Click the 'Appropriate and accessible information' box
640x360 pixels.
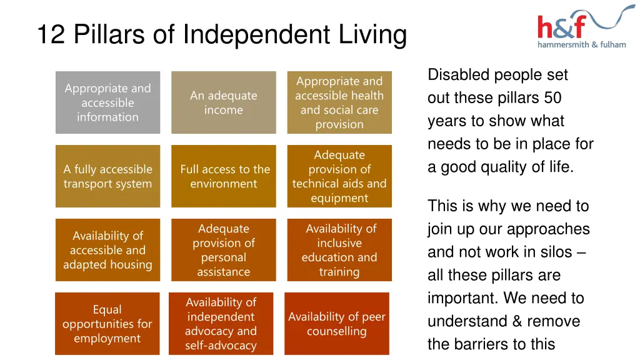tap(107, 102)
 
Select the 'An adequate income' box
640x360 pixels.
tap(223, 102)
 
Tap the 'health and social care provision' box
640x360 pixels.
tap(339, 102)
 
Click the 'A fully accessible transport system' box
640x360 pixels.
tap(107, 176)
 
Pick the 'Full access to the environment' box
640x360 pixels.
tap(223, 176)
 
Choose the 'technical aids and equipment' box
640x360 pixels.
tap(339, 176)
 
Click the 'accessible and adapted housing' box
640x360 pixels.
tap(107, 250)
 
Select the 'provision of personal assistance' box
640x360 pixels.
tap(223, 250)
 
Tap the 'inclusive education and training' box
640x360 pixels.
tap(339, 250)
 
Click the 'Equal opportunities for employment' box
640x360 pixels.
tap(107, 324)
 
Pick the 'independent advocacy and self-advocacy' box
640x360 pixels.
tap(221, 324)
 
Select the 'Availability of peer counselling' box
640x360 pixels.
tap(337, 324)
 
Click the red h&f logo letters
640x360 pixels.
tap(561, 27)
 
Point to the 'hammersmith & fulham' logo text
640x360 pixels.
tap(581, 44)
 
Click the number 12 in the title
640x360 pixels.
tap(51, 34)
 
